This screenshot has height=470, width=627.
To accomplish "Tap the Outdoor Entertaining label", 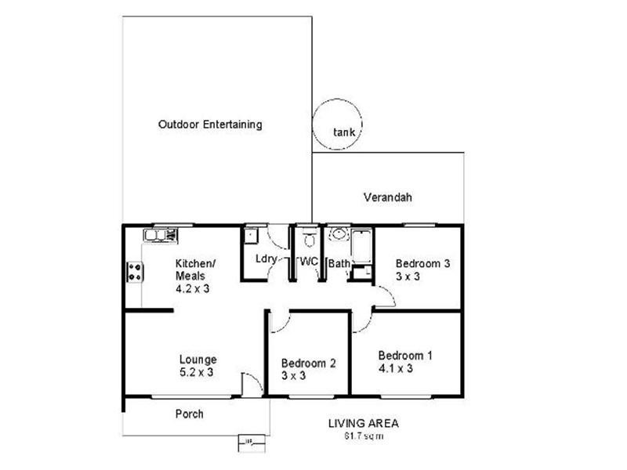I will (209, 125).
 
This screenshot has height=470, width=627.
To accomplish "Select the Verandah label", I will (387, 197).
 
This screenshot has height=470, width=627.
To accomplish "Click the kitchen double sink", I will (160, 234).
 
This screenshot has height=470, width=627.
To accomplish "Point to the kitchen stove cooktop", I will (134, 272).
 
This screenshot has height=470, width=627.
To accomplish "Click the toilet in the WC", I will (309, 237).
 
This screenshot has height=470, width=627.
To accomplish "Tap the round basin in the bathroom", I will (339, 234).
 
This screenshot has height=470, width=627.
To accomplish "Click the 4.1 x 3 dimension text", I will (395, 369).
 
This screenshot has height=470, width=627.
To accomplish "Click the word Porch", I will (189, 414).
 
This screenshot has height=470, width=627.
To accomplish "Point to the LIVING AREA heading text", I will (363, 424).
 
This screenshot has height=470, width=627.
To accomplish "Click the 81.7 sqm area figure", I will (363, 436).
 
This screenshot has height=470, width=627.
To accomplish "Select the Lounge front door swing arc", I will (252, 385).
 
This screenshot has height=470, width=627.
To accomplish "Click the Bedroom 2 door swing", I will (281, 321).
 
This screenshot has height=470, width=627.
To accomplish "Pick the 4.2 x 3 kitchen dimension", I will (192, 288).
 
